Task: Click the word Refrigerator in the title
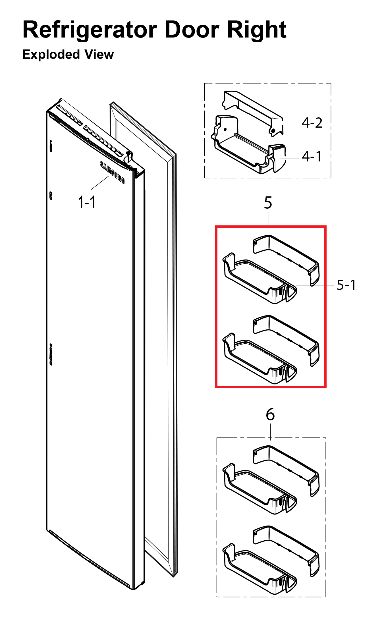click(x=90, y=30)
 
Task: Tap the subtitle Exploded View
click(x=68, y=54)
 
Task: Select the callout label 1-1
click(x=86, y=202)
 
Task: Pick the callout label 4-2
click(x=312, y=123)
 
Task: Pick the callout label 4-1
click(x=312, y=156)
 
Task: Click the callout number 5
click(x=268, y=203)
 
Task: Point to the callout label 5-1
click(x=346, y=285)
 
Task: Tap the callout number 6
click(x=270, y=415)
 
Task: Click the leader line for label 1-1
click(x=99, y=183)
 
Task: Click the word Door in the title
click(x=192, y=30)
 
